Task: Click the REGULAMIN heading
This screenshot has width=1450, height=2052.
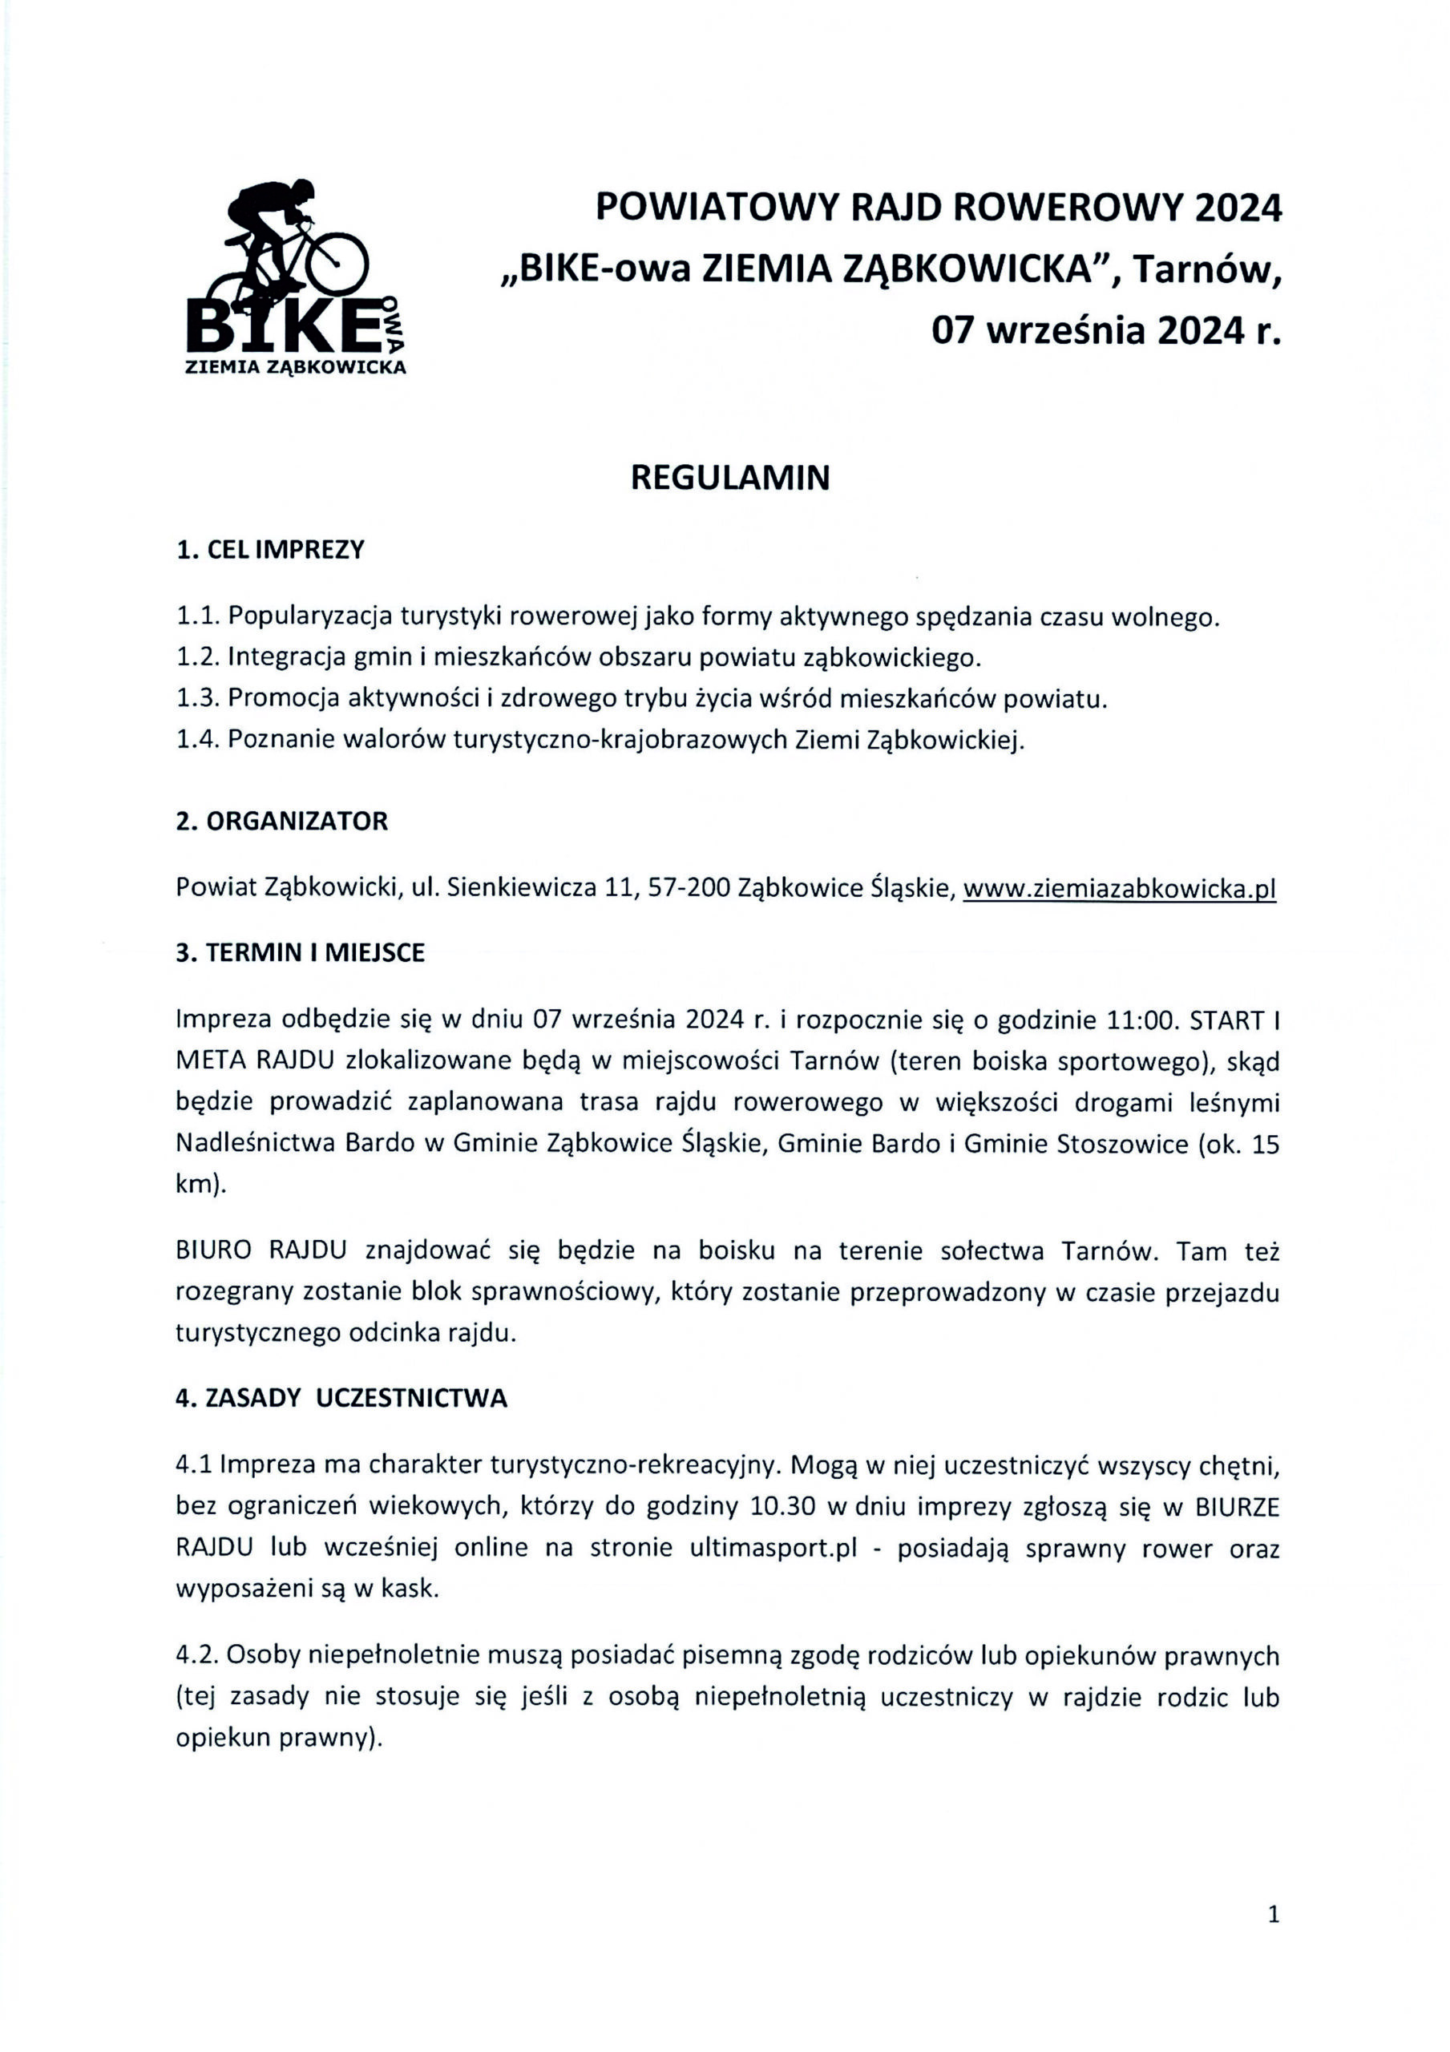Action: point(729,479)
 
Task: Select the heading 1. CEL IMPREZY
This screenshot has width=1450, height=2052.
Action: point(270,550)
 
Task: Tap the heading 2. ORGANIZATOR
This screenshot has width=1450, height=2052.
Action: point(281,822)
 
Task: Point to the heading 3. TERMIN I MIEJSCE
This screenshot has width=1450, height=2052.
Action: point(301,953)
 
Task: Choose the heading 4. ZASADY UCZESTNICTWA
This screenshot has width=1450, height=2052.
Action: point(341,1399)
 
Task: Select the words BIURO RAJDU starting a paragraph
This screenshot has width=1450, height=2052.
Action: point(261,1251)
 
